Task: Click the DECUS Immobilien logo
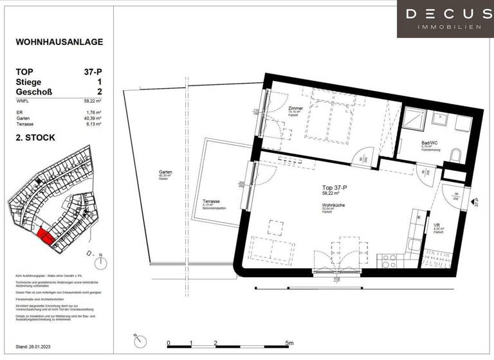pyautogui.click(x=444, y=18)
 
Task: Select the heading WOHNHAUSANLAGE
pyautogui.click(x=59, y=42)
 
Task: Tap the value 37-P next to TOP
pyautogui.click(x=91, y=71)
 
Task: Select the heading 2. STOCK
pyautogui.click(x=36, y=138)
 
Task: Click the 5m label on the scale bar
pyautogui.click(x=289, y=343)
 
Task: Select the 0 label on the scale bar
pyautogui.click(x=168, y=343)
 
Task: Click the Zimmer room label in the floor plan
pyautogui.click(x=295, y=109)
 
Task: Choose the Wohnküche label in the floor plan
pyautogui.click(x=333, y=206)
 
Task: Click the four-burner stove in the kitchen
pyautogui.click(x=390, y=260)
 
